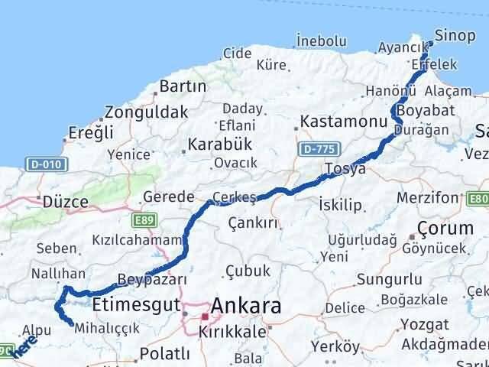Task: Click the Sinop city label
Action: (455, 34)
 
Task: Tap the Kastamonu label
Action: (334, 122)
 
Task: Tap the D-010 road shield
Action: (47, 164)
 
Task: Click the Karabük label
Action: (221, 145)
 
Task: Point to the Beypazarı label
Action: (153, 279)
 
